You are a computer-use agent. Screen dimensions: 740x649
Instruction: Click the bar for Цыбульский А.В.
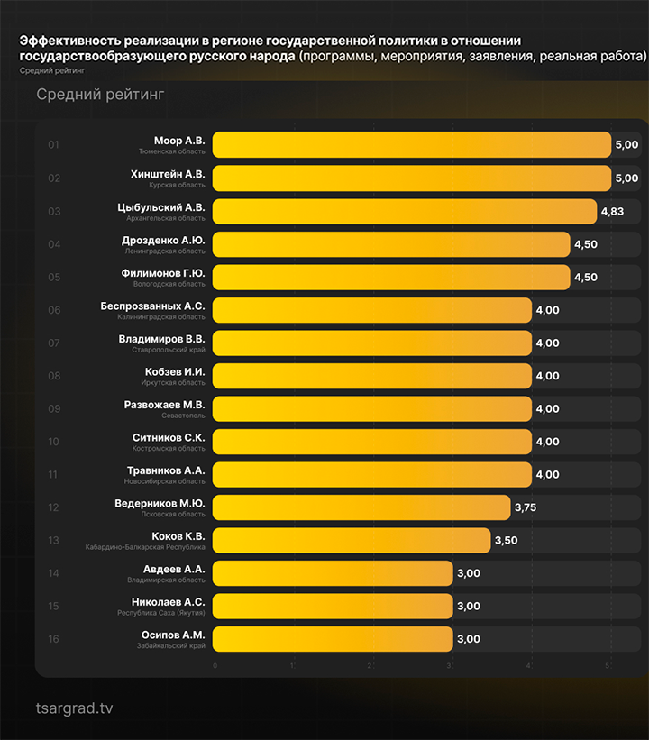pyautogui.click(x=404, y=211)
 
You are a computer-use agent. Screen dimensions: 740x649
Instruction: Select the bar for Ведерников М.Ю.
pyautogui.click(x=361, y=507)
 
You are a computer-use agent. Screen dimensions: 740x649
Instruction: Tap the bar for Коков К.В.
pyautogui.click(x=352, y=540)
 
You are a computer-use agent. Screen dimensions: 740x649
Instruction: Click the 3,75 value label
pyautogui.click(x=526, y=507)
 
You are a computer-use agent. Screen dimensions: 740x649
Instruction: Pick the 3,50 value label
pyautogui.click(x=506, y=540)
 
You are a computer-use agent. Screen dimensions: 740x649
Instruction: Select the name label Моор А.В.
pyautogui.click(x=179, y=141)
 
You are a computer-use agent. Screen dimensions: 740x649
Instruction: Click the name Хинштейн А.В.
pyautogui.click(x=169, y=173)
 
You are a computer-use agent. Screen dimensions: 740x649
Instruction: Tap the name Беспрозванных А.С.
pyautogui.click(x=152, y=306)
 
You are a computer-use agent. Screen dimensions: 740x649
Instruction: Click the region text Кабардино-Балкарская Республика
pyautogui.click(x=145, y=547)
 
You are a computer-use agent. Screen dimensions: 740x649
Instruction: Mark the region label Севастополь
pyautogui.click(x=184, y=416)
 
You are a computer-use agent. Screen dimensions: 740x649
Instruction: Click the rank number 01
pyautogui.click(x=54, y=145)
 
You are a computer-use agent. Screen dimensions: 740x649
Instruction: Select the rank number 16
pyautogui.click(x=54, y=639)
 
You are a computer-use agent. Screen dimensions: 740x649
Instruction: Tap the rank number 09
pyautogui.click(x=54, y=408)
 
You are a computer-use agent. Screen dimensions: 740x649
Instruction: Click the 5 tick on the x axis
pyautogui.click(x=608, y=666)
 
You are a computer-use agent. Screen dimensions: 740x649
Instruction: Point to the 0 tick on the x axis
pyautogui.click(x=215, y=666)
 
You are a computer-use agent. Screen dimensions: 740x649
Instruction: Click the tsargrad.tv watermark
pyautogui.click(x=74, y=708)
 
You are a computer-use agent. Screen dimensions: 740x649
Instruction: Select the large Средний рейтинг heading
pyautogui.click(x=100, y=95)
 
